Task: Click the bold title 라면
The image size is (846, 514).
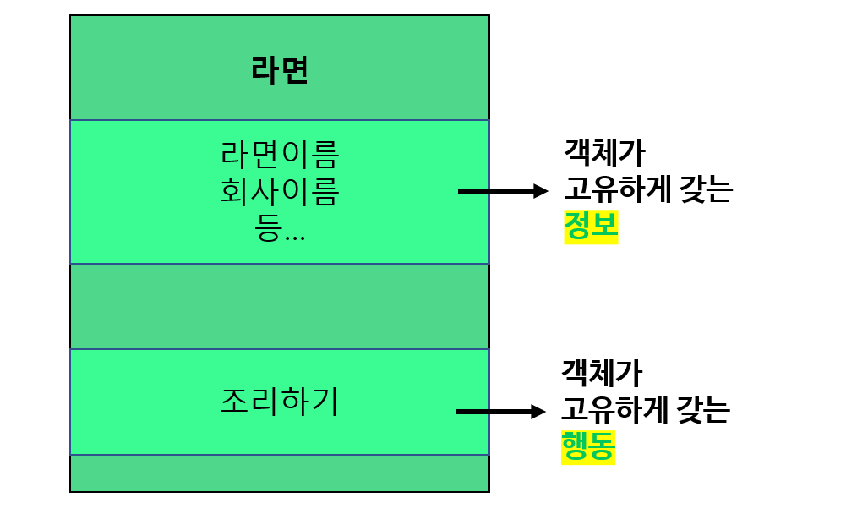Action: pyautogui.click(x=280, y=70)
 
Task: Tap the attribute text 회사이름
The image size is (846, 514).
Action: pyautogui.click(x=280, y=192)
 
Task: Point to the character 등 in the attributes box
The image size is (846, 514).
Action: pyautogui.click(x=267, y=229)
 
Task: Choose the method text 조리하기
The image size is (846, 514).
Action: pyautogui.click(x=280, y=402)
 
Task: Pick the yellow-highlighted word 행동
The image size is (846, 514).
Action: pyautogui.click(x=587, y=446)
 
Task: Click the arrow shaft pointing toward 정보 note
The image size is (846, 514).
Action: pyautogui.click(x=494, y=191)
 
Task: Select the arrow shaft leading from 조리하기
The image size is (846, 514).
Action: pyautogui.click(x=492, y=412)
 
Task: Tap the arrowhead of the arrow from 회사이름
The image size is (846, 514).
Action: pyautogui.click(x=541, y=191)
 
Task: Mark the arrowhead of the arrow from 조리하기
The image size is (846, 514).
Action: pyautogui.click(x=538, y=412)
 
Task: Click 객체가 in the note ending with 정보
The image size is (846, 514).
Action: pyautogui.click(x=603, y=153)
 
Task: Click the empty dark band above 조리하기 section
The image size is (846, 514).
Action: pyautogui.click(x=280, y=306)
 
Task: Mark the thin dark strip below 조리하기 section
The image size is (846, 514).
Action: pyautogui.click(x=280, y=473)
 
